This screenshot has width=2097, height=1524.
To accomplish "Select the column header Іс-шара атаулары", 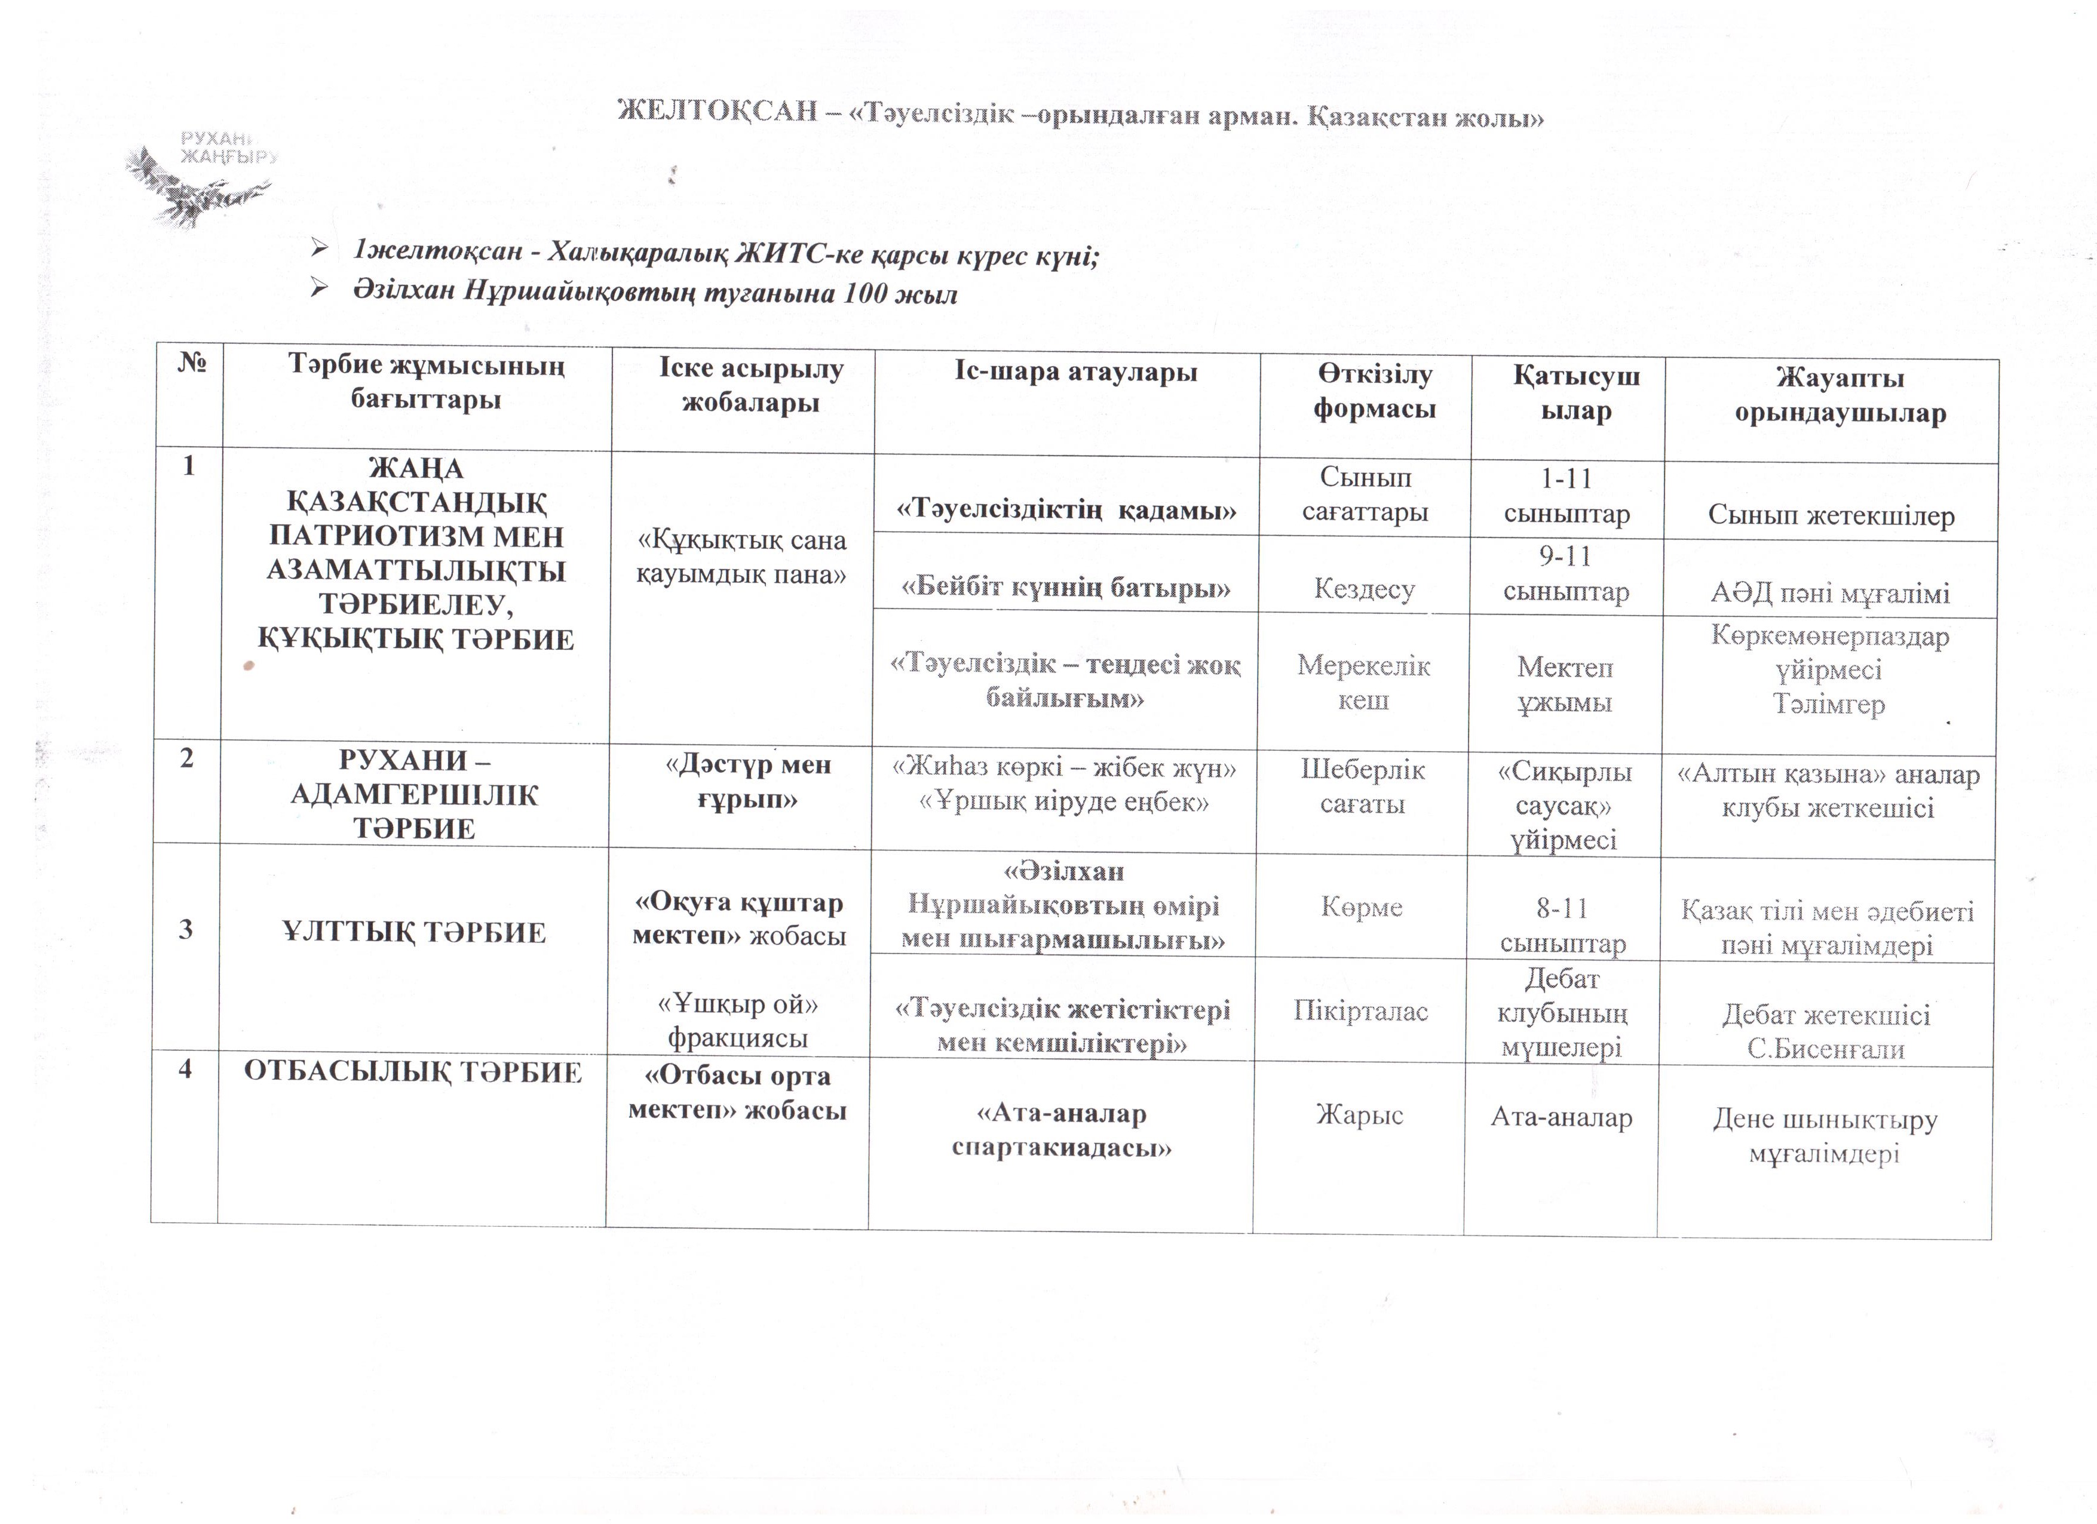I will [x=1075, y=373].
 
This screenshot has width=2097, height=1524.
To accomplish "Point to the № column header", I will [x=191, y=362].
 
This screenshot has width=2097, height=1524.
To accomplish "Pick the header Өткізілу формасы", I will [x=1375, y=392].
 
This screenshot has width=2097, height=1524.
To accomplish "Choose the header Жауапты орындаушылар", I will [x=1840, y=395].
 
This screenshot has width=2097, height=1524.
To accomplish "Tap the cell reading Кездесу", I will [x=1364, y=589].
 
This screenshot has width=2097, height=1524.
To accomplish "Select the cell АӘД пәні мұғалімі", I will [x=1830, y=592].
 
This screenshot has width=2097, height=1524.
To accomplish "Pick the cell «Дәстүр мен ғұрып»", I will [x=748, y=782].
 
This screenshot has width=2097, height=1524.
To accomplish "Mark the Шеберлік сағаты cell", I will [x=1363, y=786].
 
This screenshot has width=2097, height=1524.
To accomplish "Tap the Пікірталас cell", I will [x=1360, y=1011].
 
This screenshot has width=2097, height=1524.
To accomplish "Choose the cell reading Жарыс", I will [x=1359, y=1116].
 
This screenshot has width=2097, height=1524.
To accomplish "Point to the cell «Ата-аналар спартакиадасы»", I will [x=1062, y=1130].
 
